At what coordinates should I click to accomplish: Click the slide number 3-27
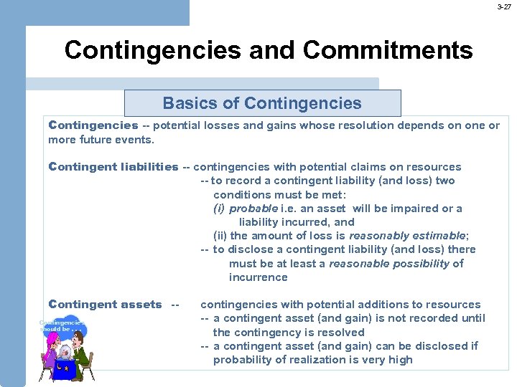tap(504, 6)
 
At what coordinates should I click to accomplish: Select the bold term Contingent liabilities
tap(113, 167)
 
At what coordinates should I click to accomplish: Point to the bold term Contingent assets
tap(106, 305)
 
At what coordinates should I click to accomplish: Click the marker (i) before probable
tap(219, 209)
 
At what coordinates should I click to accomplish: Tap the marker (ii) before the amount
tap(220, 236)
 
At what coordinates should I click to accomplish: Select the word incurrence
tap(258, 277)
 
